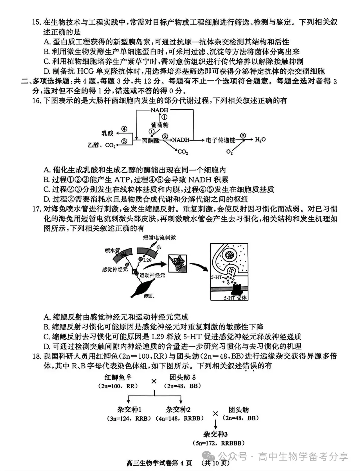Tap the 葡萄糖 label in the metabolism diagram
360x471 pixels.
[x=160, y=125]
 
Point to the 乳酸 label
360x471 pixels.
[x=107, y=133]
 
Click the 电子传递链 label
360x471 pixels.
[x=221, y=140]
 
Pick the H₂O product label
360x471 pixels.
[x=260, y=139]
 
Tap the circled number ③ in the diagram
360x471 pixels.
[x=243, y=135]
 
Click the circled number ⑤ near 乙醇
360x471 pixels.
[x=124, y=141]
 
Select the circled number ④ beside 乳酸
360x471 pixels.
[x=124, y=129]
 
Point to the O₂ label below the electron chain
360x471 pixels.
[x=229, y=152]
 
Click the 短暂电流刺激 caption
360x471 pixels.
[x=159, y=237]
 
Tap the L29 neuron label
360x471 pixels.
[x=147, y=260]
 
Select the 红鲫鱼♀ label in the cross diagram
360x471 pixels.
[x=118, y=377]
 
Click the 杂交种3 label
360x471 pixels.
[x=215, y=434]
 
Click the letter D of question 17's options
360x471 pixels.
[x=47, y=346]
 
